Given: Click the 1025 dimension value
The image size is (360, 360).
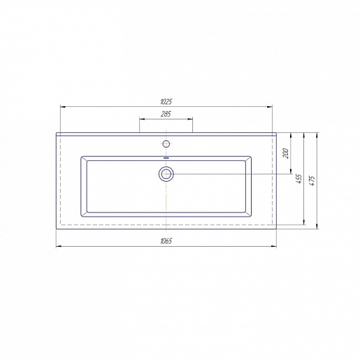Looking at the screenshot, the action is click(x=166, y=101).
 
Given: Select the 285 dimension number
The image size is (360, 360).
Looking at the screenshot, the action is click(x=166, y=114).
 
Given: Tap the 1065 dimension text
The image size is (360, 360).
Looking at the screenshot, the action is click(x=166, y=241).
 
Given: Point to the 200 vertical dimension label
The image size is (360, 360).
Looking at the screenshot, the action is click(x=286, y=153).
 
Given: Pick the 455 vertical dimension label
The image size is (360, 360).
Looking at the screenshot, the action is click(x=299, y=178).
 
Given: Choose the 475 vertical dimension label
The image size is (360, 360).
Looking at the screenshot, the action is click(x=312, y=180).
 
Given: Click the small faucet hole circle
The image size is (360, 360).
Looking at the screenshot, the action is click(x=166, y=144).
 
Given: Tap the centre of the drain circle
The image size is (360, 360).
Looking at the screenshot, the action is click(x=166, y=174).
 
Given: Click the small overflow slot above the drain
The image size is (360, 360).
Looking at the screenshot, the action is click(x=166, y=158).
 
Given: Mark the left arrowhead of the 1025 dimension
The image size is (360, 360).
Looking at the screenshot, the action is click(x=63, y=107).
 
